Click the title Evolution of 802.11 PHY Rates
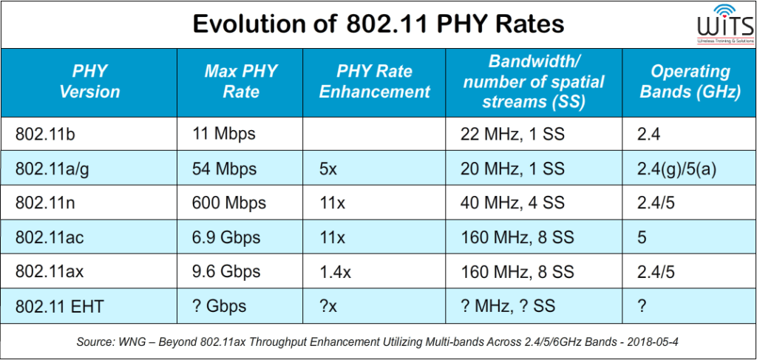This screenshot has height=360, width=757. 378,24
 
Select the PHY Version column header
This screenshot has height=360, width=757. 89,82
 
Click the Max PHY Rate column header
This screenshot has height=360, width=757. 241,82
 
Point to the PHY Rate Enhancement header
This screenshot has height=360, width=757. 383,82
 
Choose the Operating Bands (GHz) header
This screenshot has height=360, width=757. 689,82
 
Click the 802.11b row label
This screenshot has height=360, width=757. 46,134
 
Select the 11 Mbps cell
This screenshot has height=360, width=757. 223,134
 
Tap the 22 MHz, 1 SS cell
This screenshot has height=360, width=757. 512,134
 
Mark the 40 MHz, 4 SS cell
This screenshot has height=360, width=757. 512,203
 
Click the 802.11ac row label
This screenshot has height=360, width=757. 50,238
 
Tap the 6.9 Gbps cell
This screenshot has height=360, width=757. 225,238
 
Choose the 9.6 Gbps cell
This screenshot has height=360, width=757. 225,272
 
